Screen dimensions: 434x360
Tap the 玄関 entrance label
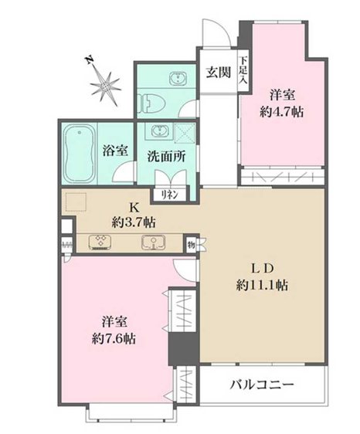pyautogui.click(x=217, y=73)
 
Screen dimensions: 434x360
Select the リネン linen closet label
pyautogui.click(x=170, y=195)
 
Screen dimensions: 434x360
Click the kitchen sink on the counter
pyautogui.click(x=153, y=242)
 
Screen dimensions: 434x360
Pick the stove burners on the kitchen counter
pyautogui.click(x=100, y=242)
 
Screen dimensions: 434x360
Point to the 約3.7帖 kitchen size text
pyautogui.click(x=134, y=222)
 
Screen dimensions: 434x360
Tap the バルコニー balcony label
pyautogui.click(x=260, y=385)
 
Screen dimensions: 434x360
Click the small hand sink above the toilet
pyautogui.click(x=177, y=78)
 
